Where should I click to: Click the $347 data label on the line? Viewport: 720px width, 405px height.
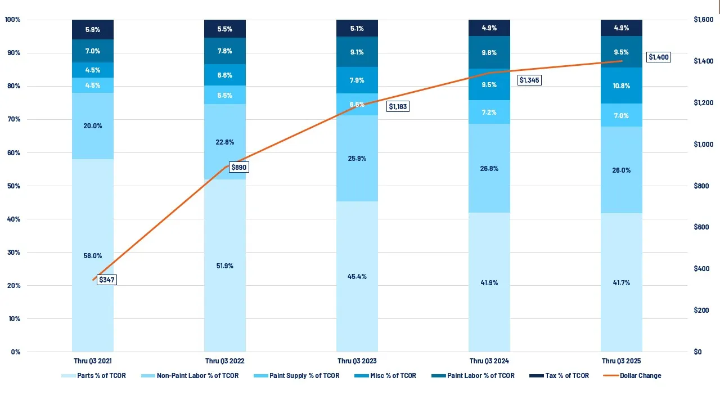[x=106, y=280]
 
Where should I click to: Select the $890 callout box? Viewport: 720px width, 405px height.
[x=238, y=168]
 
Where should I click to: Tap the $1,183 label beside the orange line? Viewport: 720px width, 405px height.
[x=398, y=106]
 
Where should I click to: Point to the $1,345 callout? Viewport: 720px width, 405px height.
[x=529, y=80]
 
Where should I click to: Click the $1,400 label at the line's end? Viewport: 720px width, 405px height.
[x=658, y=57]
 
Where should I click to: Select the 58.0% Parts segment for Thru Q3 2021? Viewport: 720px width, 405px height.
[x=93, y=255]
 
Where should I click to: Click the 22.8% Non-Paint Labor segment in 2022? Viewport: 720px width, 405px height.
[x=225, y=142]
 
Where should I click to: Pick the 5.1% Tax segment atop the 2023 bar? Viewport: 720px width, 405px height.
[x=357, y=28]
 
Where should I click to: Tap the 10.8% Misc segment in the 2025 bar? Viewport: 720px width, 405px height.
[x=621, y=85]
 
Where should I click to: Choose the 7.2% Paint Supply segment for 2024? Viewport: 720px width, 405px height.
[x=489, y=112]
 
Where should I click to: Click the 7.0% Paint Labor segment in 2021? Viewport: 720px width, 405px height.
[x=93, y=51]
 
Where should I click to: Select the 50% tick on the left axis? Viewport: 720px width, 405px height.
[x=12, y=186]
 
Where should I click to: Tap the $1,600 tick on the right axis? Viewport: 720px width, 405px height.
[x=703, y=20]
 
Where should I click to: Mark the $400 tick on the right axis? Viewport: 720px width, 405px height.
[x=701, y=269]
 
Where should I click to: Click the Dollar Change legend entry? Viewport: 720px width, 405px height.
[x=640, y=376]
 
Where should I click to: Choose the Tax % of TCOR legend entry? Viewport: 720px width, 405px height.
[x=566, y=376]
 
